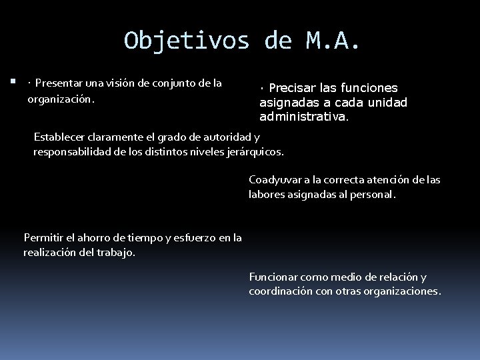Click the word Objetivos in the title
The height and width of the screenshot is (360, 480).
click(187, 41)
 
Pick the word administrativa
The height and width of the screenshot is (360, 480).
click(303, 117)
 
